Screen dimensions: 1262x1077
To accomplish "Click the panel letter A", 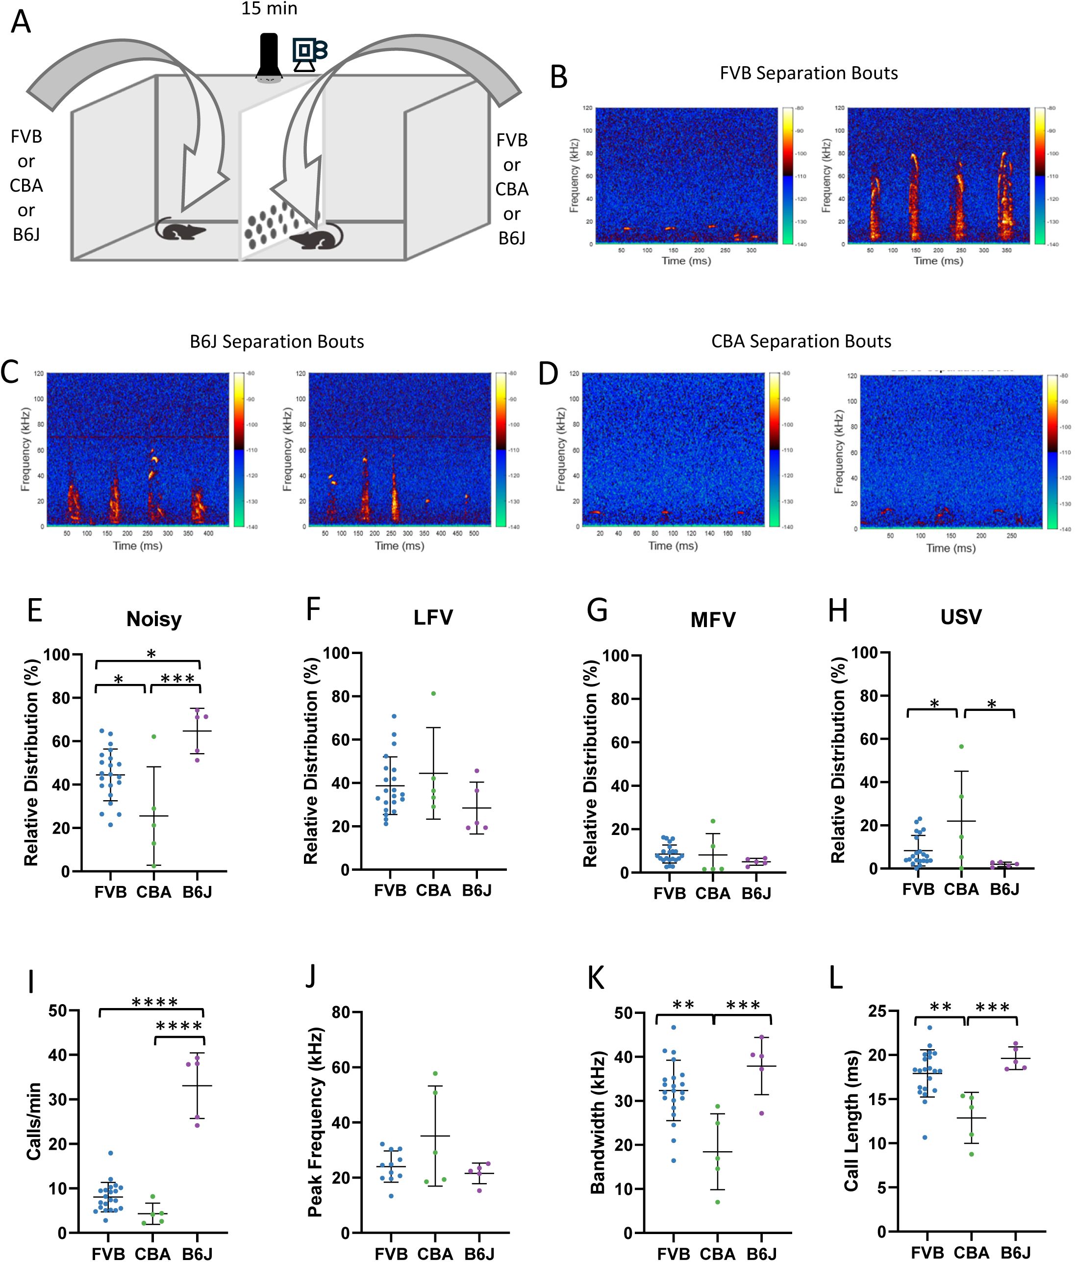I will [21, 23].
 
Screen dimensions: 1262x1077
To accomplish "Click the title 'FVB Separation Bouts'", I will [808, 73].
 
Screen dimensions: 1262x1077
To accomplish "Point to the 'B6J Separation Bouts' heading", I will [277, 342].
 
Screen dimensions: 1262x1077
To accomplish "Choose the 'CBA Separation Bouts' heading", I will [801, 341].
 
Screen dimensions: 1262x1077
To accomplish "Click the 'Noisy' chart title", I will [154, 619].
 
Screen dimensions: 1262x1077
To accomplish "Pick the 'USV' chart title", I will [961, 617].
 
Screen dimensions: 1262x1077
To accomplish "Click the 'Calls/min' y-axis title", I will [34, 1121].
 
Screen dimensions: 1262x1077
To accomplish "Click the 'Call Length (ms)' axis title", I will [851, 1121].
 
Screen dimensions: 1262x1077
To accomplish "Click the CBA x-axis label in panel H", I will [961, 890].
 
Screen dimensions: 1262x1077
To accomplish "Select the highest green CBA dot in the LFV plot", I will [433, 694].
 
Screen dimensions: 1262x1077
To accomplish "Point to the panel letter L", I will [836, 978].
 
